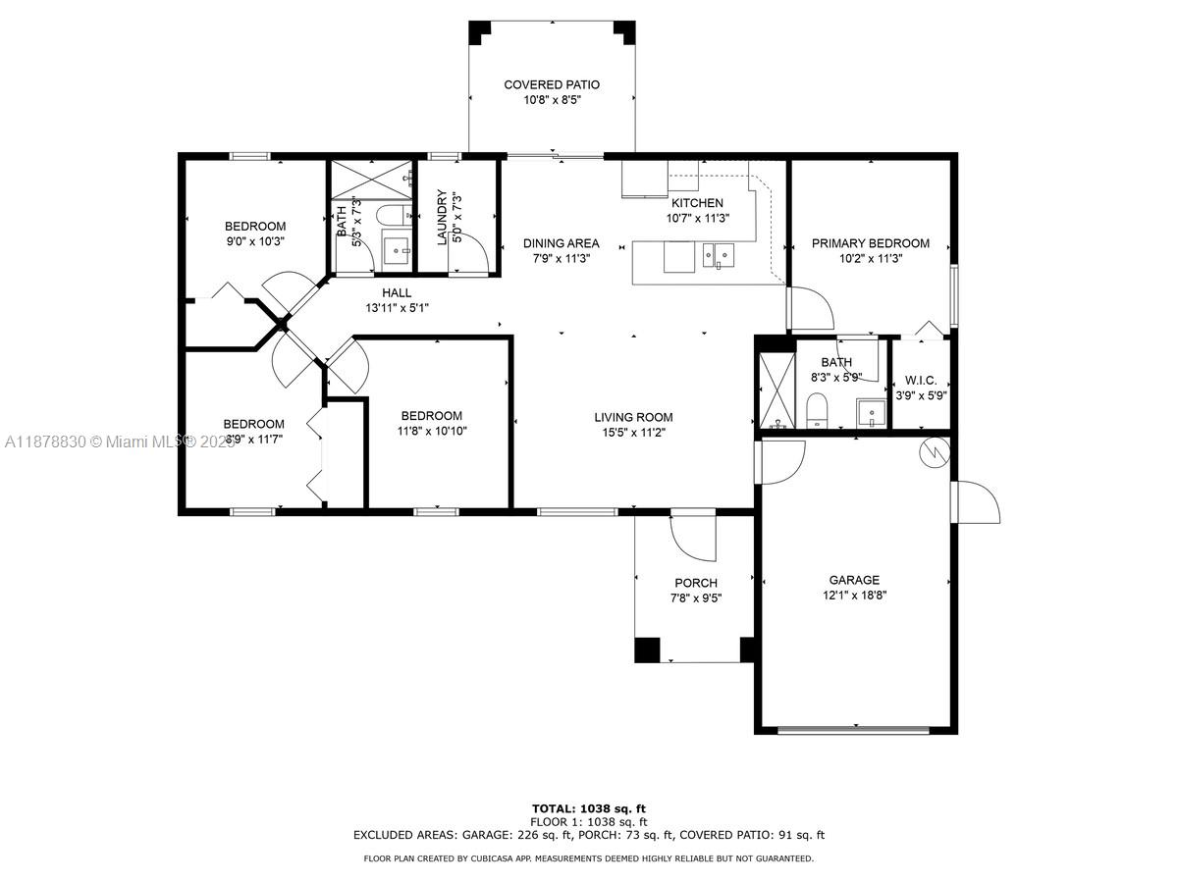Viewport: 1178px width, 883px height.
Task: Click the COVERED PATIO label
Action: pos(551,85)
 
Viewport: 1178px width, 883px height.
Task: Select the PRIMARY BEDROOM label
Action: pos(870,243)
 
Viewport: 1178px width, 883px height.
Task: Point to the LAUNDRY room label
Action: pos(442,218)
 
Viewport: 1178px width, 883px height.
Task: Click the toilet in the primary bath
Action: pos(817,410)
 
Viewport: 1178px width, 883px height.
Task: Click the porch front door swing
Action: pos(692,535)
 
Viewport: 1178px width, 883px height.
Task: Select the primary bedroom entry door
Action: pos(810,308)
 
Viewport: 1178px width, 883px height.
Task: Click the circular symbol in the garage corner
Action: pos(933,451)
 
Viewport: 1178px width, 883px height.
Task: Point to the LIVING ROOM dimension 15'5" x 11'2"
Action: pos(633,433)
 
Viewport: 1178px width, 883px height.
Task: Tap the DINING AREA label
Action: pos(561,243)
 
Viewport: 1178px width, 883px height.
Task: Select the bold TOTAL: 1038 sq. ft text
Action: pos(589,808)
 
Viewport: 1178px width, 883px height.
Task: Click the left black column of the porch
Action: pos(647,649)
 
